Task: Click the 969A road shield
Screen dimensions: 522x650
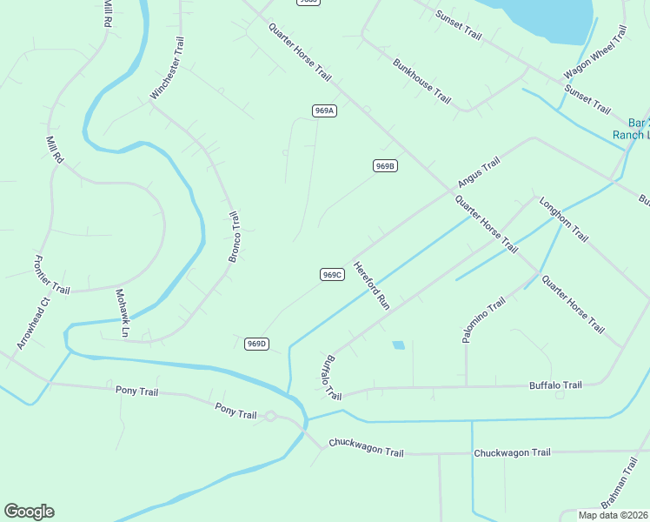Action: (324, 110)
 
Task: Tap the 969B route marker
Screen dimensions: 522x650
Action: (385, 165)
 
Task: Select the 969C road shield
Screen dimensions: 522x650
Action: (332, 274)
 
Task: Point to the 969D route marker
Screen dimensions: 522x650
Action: (255, 344)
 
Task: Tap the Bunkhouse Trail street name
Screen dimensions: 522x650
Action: (421, 81)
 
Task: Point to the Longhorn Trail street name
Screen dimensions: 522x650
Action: (564, 219)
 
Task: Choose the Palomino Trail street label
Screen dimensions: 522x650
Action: (483, 319)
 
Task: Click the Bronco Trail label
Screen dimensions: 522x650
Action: (234, 237)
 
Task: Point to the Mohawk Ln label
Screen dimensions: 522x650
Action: (122, 312)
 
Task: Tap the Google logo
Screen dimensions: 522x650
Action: (29, 512)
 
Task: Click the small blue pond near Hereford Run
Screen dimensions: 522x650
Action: (398, 345)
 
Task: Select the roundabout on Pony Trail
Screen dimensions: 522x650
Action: (270, 417)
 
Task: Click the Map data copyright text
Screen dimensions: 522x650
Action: (614, 515)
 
